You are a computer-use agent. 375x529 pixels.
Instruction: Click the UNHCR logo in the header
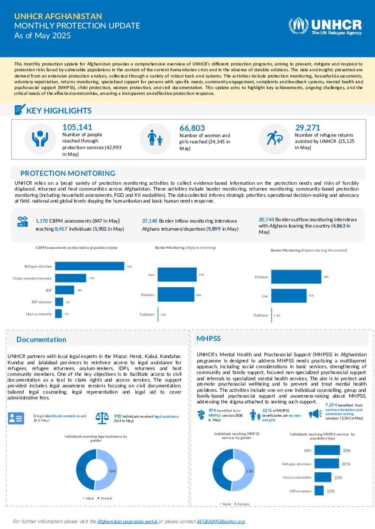325,26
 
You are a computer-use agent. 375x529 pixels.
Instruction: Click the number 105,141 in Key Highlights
77,127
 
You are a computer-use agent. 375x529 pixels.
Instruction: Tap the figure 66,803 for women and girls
192,128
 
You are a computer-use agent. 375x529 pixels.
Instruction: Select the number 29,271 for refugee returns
308,128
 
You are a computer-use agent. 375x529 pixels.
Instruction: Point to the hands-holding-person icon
40,139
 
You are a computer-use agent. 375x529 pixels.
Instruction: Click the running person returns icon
275,138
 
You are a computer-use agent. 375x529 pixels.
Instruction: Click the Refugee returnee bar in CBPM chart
90,266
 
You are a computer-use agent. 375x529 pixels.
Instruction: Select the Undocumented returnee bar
71,278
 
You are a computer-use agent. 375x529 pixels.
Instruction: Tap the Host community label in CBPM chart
38,314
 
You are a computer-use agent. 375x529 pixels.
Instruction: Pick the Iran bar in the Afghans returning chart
177,275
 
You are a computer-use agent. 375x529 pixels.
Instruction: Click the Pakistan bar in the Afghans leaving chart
296,277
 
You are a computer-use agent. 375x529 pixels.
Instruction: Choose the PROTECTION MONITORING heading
68,174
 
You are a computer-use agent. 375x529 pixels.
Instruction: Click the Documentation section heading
41,340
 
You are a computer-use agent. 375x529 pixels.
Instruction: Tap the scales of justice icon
102,417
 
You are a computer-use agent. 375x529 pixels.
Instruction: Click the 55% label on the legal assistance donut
112,471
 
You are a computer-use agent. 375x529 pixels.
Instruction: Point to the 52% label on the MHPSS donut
250,471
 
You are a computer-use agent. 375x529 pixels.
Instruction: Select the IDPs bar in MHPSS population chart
327,451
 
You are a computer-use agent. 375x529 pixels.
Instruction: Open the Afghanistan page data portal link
127,521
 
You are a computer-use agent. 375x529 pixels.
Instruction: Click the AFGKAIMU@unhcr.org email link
220,521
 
